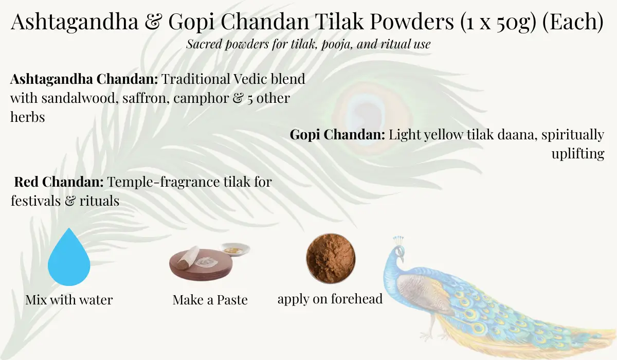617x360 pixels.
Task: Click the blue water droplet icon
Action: [x=69, y=259]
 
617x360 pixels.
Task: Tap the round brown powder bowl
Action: [x=331, y=259]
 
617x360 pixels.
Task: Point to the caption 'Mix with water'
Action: [x=69, y=299]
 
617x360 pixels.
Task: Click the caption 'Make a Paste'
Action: [x=210, y=300]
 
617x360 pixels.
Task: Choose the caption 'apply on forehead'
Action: [x=330, y=299]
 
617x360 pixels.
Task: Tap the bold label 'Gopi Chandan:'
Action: [x=338, y=135]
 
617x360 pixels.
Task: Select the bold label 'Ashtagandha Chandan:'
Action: [x=84, y=79]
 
